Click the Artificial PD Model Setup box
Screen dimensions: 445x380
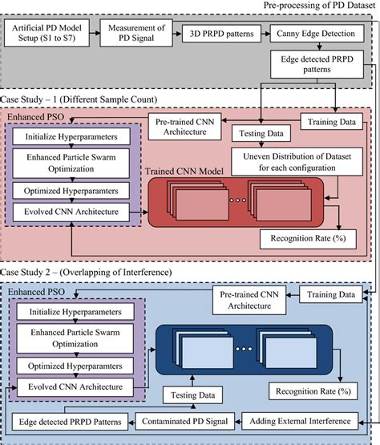click(50, 37)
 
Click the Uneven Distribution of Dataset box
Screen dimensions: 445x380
click(297, 160)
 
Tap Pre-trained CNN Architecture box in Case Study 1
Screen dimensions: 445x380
click(188, 125)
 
